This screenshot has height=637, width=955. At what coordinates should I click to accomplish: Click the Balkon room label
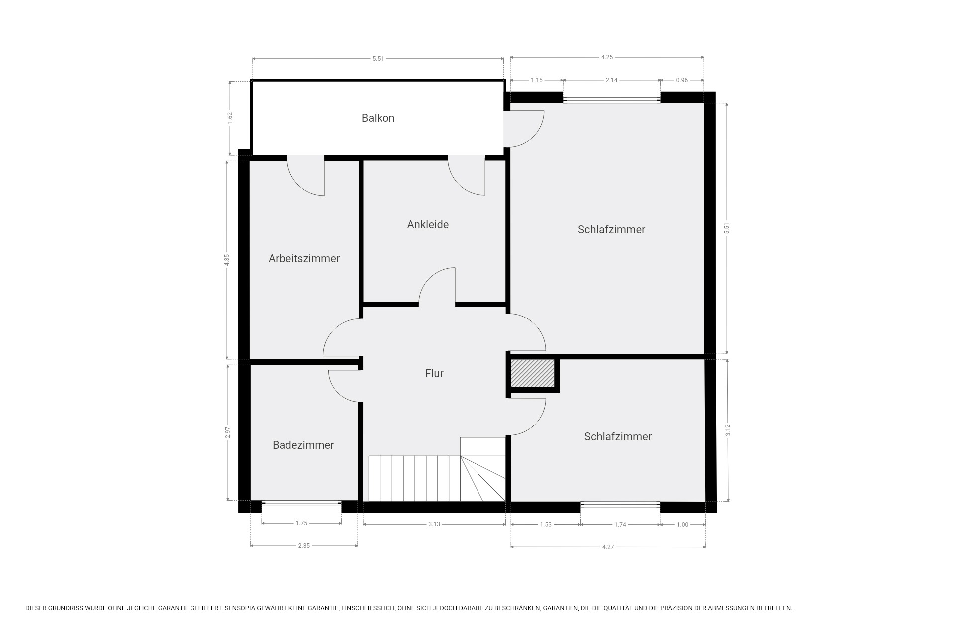coord(378,118)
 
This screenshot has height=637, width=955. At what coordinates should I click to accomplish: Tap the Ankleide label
coord(428,225)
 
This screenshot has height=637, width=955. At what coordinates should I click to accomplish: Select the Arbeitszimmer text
coord(304,259)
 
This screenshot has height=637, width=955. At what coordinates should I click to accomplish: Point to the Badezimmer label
coord(303,445)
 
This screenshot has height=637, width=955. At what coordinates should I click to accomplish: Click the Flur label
coord(434,374)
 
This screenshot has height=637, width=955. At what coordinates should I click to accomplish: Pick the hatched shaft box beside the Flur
coord(533,373)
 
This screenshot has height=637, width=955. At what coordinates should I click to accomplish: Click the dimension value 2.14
coord(611,80)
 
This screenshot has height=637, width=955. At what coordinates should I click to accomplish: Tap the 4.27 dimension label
coord(608,547)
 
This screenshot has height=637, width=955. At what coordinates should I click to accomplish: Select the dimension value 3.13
coord(434,524)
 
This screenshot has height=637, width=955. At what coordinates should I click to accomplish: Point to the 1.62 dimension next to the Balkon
coord(230,118)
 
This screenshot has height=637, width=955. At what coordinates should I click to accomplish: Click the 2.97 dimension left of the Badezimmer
coord(228,433)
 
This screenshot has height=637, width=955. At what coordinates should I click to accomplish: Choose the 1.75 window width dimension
coord(301,523)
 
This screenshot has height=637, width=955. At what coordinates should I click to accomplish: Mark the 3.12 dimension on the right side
coord(728,430)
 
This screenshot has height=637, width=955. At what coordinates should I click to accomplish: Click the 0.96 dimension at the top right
coord(682,80)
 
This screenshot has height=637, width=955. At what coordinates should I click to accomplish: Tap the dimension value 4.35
coord(227,260)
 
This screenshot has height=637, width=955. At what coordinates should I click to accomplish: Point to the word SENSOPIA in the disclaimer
coord(241,608)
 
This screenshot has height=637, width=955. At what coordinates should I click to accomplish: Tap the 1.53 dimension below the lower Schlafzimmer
coord(546,525)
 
